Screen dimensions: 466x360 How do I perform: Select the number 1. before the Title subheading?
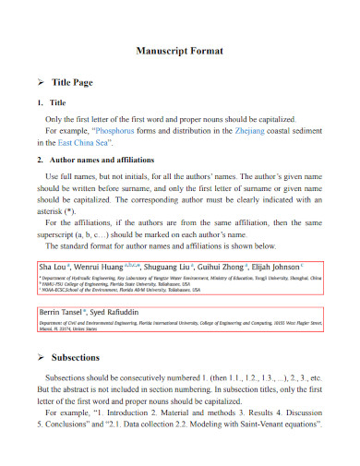point(40,103)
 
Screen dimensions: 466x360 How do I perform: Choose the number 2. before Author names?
point(40,161)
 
